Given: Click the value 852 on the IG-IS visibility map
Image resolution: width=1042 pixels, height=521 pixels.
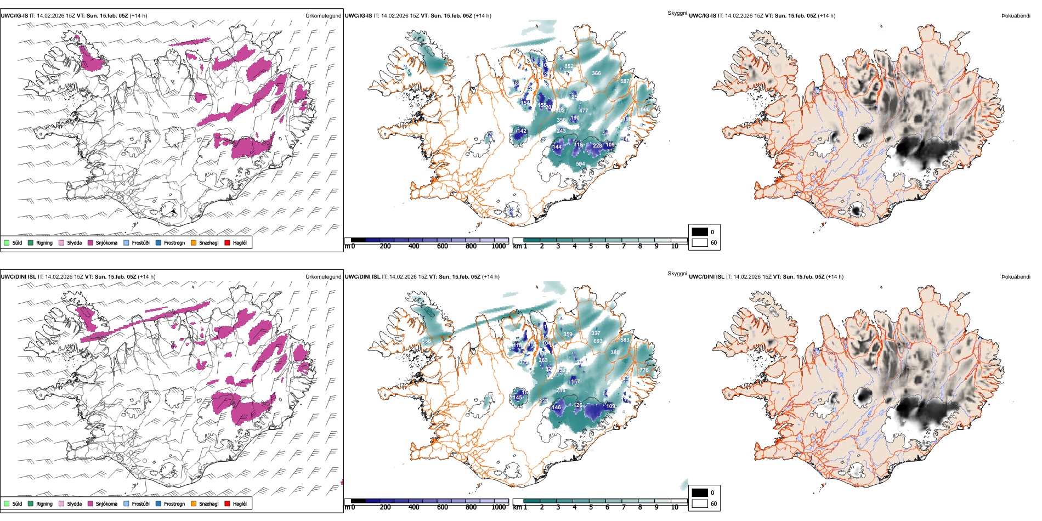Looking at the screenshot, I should click(x=569, y=66).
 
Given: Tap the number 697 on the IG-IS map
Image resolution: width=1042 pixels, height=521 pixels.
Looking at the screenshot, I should click(x=625, y=81).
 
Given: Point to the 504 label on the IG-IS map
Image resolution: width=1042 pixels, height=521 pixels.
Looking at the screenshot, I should click(x=580, y=164).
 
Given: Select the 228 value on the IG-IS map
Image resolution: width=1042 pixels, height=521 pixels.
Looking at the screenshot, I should click(x=597, y=146).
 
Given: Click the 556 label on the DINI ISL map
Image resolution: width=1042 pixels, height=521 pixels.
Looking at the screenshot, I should click(x=426, y=341).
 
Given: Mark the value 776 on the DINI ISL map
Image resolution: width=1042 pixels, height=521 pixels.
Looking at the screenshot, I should click(x=644, y=370).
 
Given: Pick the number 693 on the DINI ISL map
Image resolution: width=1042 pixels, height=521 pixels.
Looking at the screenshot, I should click(x=598, y=341).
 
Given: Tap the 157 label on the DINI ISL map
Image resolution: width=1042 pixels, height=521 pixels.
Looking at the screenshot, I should click(x=575, y=382).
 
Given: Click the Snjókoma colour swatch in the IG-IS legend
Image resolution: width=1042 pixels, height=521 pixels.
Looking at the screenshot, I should click(x=90, y=243).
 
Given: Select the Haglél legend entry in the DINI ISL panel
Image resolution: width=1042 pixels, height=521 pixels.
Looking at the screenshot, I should click(x=228, y=504).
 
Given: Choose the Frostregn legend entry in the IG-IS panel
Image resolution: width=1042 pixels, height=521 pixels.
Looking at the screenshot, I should click(x=158, y=243).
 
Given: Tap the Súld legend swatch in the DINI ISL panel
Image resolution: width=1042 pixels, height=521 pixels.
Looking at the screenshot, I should click(x=7, y=504).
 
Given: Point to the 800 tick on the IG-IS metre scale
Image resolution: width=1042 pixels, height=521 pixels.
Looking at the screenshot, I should click(x=471, y=246).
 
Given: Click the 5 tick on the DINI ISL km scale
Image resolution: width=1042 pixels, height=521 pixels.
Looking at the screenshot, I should click(x=591, y=507).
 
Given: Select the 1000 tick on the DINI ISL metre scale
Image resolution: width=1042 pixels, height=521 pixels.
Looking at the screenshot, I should click(x=499, y=507).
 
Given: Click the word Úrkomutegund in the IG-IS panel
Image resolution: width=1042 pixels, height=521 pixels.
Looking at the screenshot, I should click(x=323, y=16).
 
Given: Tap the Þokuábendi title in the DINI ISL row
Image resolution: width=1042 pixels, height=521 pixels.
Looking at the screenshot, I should click(x=1016, y=277).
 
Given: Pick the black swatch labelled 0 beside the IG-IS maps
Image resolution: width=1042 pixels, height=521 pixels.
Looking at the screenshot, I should click(x=700, y=232).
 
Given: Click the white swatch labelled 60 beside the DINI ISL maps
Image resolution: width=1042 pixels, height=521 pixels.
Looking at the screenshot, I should click(x=700, y=503).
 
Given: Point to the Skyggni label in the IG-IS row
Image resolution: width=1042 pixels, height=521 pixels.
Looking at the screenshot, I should click(x=677, y=13).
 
